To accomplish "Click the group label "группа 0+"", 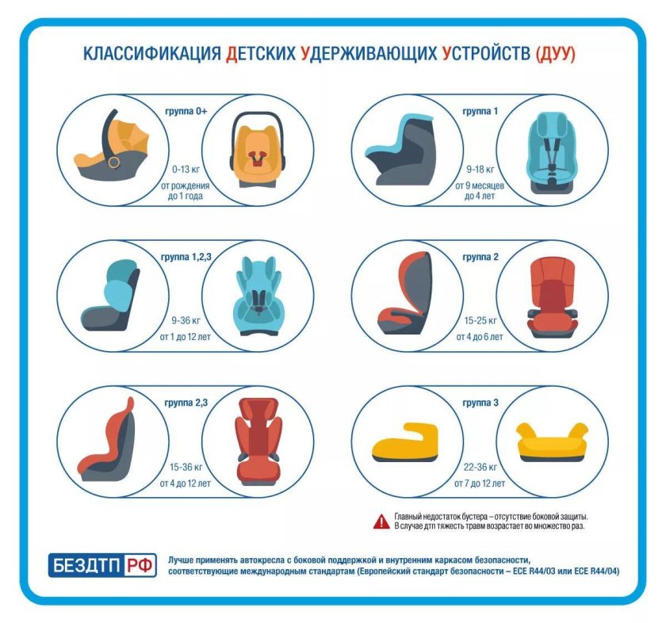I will [185, 112].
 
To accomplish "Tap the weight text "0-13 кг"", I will [185, 170].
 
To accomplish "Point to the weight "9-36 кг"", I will [185, 321].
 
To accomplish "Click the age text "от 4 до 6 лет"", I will [479, 337].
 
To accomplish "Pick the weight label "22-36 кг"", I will [479, 467].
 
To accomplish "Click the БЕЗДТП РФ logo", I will [102, 565].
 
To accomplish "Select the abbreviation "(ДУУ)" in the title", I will [555, 55].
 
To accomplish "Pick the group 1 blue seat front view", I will [553, 152].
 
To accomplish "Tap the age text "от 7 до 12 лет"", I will [479, 483].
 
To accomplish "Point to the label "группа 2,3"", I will [185, 403].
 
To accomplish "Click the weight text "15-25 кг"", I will [479, 321].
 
